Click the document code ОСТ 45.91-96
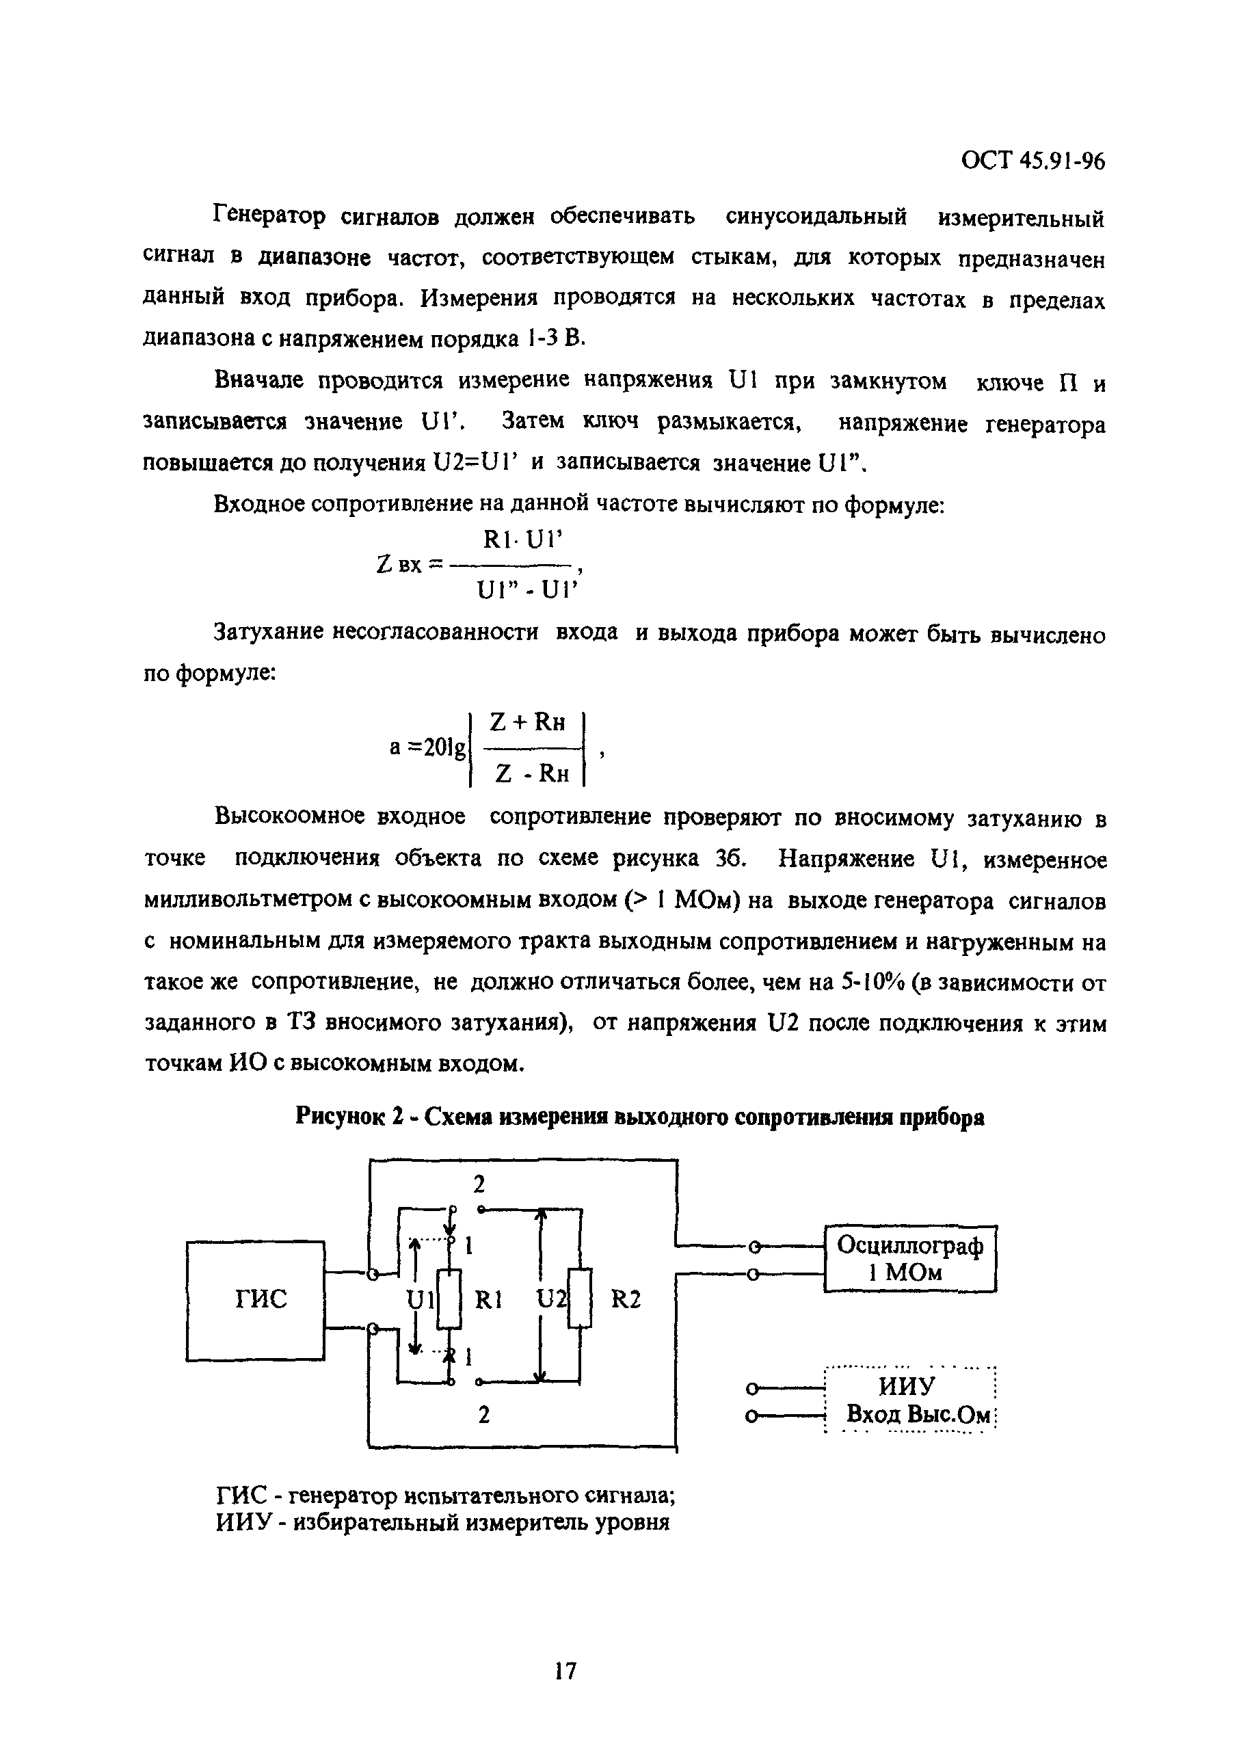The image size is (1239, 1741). (x=1032, y=161)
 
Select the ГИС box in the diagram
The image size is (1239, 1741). (x=256, y=1300)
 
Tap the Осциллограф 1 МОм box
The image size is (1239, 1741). (x=909, y=1258)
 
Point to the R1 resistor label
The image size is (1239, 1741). (x=488, y=1299)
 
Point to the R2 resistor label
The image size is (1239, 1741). (x=626, y=1299)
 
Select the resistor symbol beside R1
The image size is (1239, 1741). (x=450, y=1300)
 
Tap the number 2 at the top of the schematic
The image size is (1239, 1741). (x=479, y=1185)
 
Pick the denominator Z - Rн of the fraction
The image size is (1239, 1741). (x=532, y=774)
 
